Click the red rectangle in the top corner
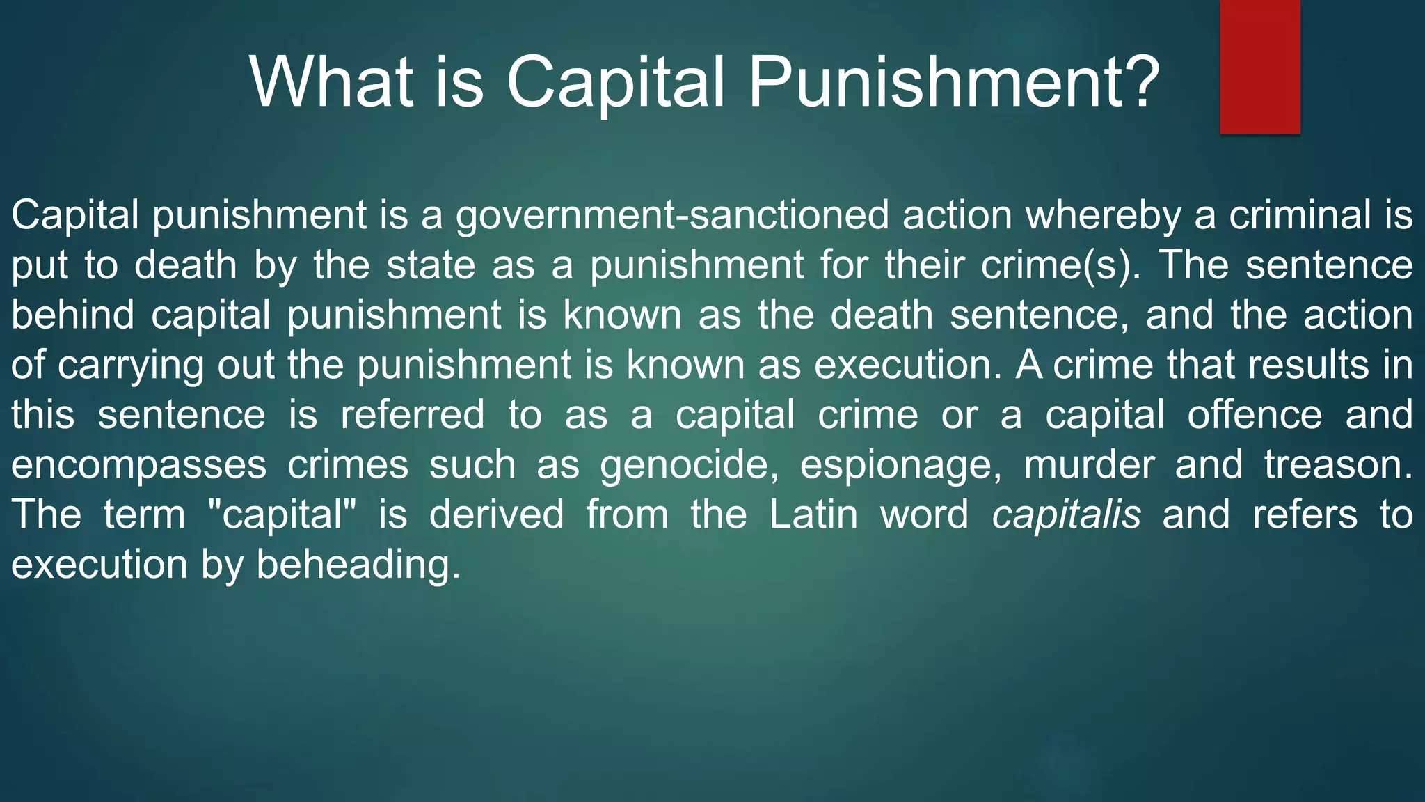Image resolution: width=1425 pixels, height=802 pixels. pos(1259,66)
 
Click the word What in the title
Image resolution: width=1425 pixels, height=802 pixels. pos(331,82)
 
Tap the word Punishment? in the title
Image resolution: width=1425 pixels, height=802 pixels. pos(954,82)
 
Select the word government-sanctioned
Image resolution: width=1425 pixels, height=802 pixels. pos(672,215)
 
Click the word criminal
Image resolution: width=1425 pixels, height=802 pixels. pos(1300,215)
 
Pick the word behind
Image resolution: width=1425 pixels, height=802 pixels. pos(72,315)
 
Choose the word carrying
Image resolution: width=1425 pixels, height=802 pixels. pos(131,365)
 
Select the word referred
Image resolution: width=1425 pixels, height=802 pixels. pos(412,415)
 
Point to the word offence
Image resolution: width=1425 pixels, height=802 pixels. pos(1255,415)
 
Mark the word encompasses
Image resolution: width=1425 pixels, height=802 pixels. pos(138,465)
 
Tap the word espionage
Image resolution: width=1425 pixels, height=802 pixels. pos(901,465)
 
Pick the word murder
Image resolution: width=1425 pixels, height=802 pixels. pos(1088,465)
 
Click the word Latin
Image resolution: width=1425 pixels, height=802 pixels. pos(813,515)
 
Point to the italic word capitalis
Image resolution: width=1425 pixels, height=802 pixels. pos(1066,515)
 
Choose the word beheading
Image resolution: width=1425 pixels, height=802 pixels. pos(358,565)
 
